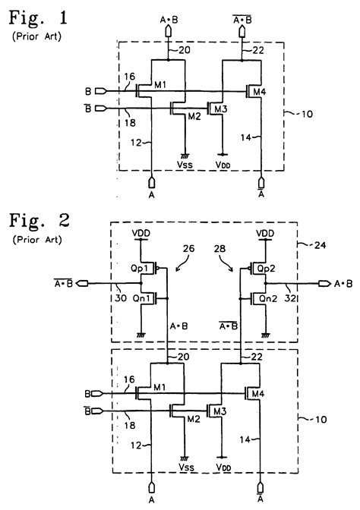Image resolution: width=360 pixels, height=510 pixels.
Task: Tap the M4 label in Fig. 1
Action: coord(261,93)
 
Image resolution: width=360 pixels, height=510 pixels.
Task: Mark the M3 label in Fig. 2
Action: coord(220,411)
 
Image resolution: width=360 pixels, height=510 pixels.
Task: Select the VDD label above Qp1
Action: coord(140,233)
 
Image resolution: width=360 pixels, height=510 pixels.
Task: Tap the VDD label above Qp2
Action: coord(264,233)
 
